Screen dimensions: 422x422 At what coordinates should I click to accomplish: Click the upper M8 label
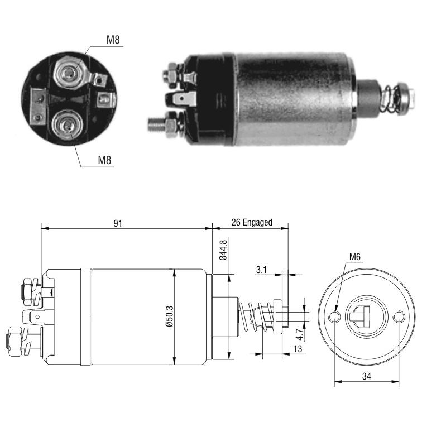point(113,40)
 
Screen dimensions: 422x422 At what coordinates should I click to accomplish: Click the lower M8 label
point(104,160)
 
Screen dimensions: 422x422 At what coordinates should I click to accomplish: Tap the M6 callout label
point(354,257)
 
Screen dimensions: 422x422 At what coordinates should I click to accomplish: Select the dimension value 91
point(118,223)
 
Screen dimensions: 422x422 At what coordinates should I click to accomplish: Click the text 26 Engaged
point(252,223)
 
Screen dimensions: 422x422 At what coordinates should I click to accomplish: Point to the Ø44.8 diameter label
point(223,250)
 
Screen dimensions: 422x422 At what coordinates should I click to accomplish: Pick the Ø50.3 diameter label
point(170,317)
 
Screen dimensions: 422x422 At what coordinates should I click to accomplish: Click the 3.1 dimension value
point(261,270)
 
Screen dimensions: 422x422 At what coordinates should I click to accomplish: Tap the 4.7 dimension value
point(299,334)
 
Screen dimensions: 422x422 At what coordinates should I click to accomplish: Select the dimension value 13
point(298,349)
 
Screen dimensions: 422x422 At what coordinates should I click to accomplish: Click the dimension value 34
point(366,376)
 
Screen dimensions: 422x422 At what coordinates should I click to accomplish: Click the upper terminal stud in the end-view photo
point(69,73)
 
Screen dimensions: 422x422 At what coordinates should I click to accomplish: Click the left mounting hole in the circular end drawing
point(334,317)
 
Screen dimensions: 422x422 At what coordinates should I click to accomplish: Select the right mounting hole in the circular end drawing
point(399,317)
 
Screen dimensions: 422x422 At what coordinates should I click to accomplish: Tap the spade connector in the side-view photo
point(182,99)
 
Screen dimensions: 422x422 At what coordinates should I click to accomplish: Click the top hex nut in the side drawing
point(27,292)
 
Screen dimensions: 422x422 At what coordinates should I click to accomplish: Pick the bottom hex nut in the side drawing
point(16,342)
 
